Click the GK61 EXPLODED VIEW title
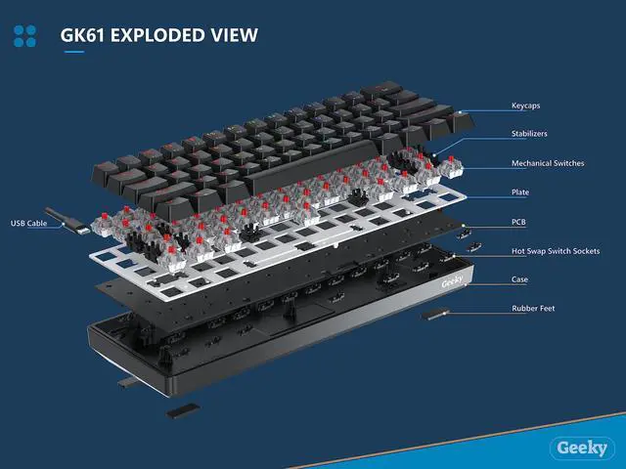159,36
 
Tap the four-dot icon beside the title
25,37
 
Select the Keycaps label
527,105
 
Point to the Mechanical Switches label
548,163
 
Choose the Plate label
520,192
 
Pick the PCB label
519,222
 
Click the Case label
520,280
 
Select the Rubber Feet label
532,309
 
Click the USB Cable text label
29,222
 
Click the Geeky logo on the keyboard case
453,277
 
